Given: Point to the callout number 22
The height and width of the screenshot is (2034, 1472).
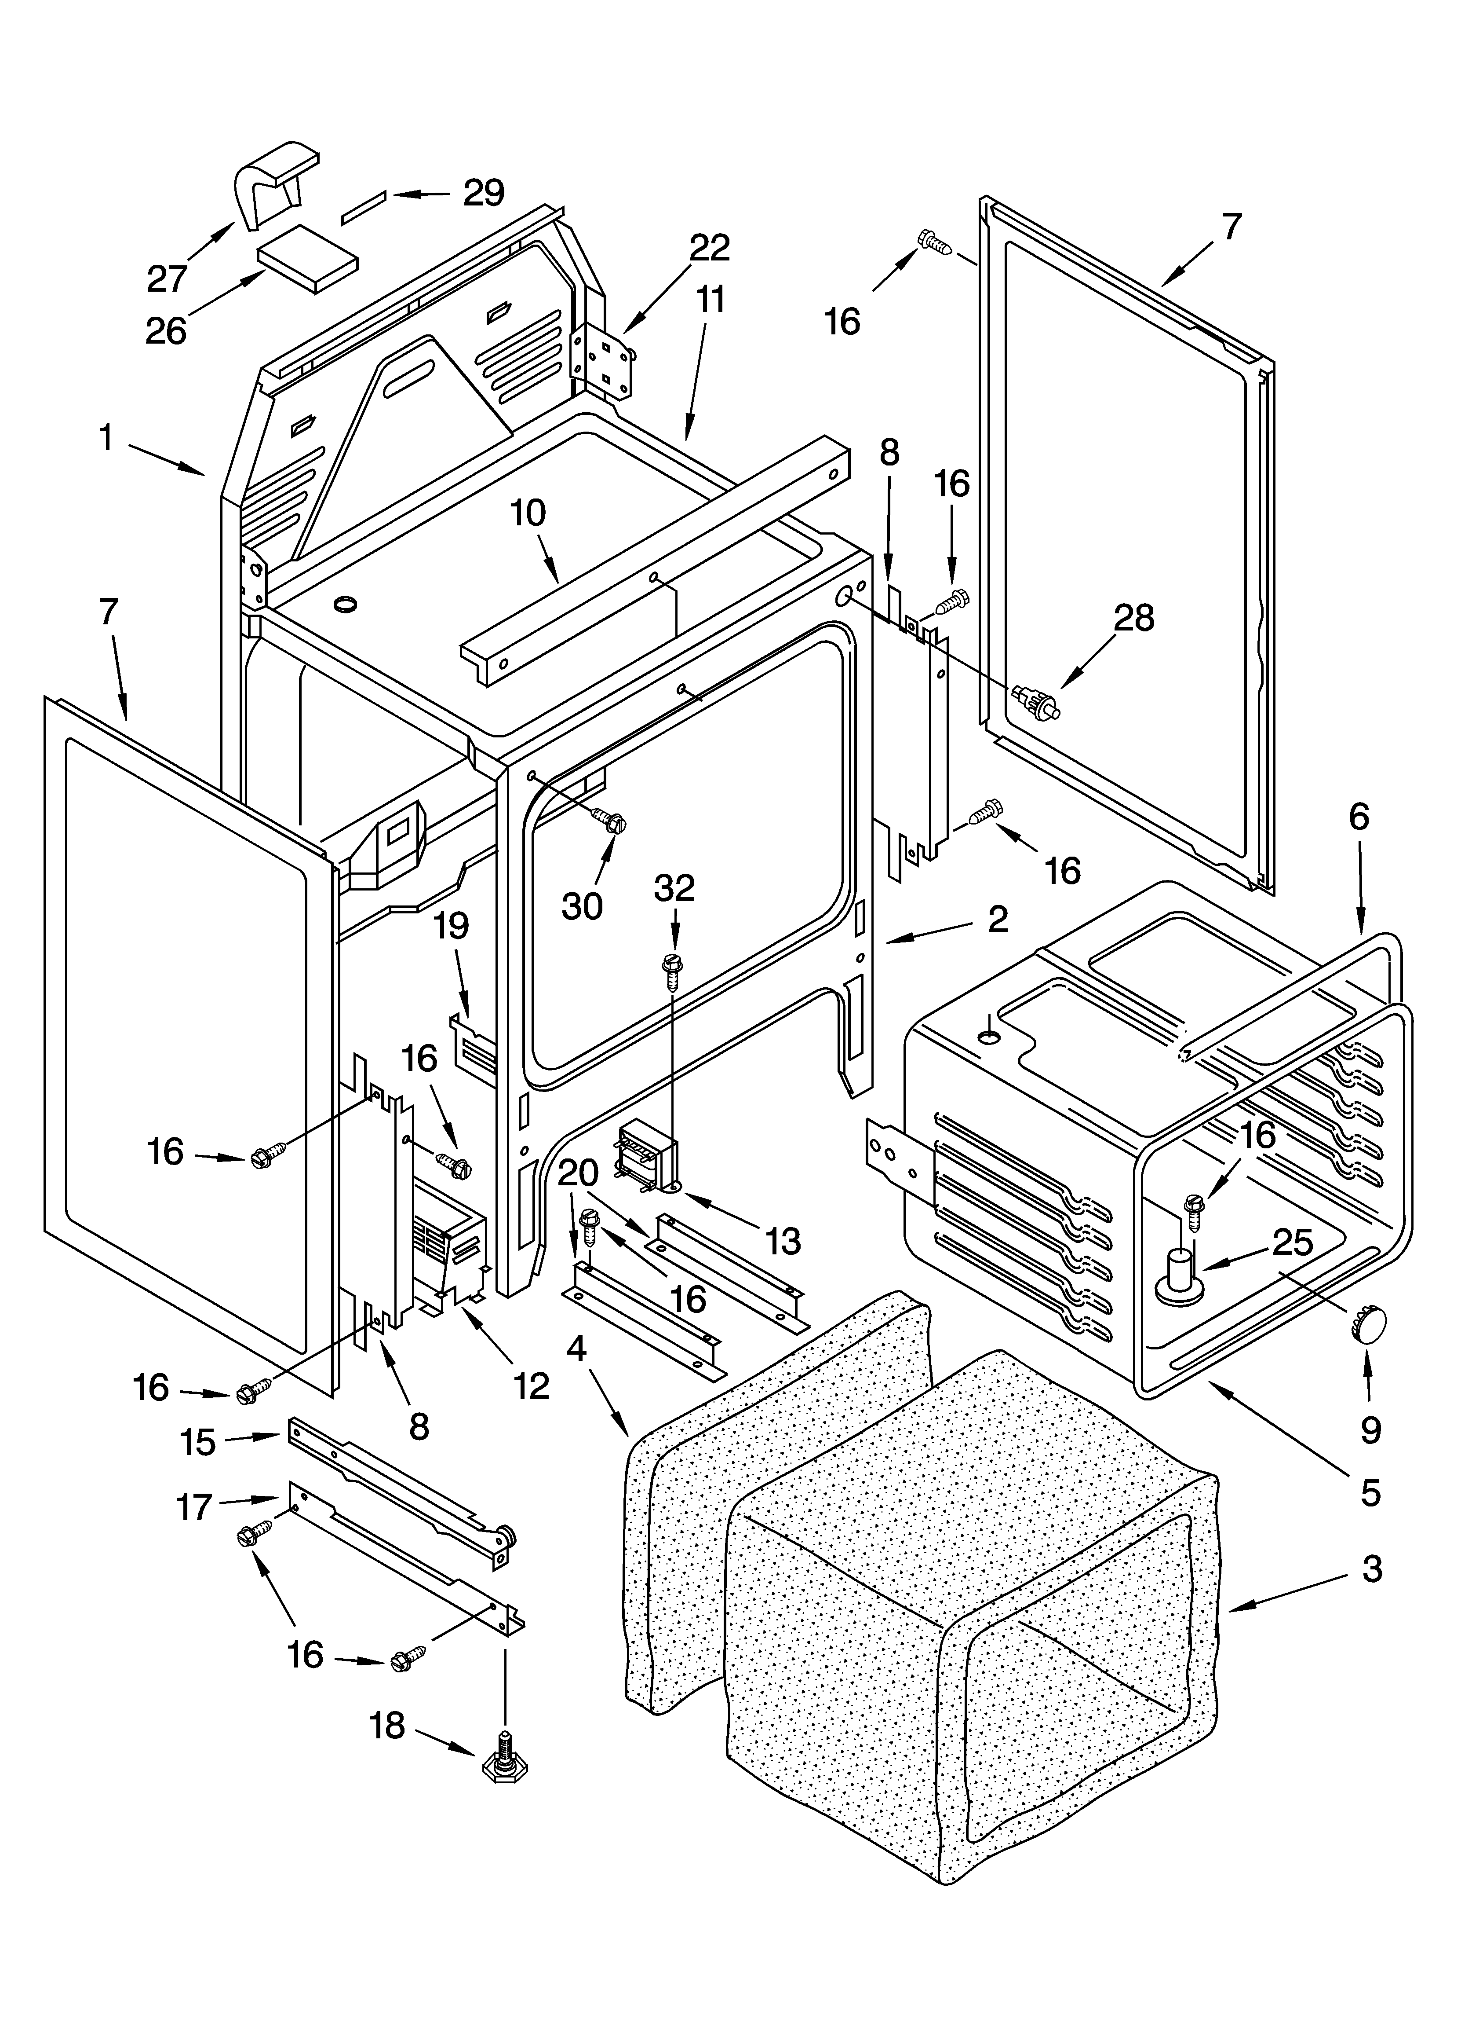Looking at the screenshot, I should pyautogui.click(x=709, y=248).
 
